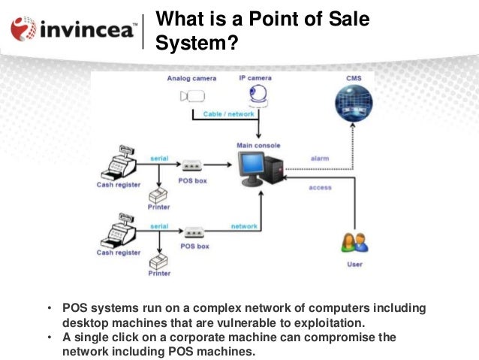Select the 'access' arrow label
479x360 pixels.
tap(320, 187)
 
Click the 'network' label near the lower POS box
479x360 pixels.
tap(244, 226)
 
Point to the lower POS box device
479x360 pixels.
tap(194, 231)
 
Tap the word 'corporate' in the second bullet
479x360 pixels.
tap(212, 337)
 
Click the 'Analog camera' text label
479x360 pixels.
tap(191, 77)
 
